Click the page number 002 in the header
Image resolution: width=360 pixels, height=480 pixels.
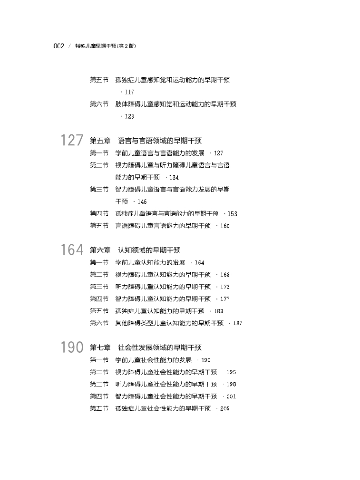(59, 46)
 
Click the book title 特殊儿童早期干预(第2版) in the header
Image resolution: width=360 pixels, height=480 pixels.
(106, 46)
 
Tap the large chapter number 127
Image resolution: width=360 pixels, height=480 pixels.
(72, 141)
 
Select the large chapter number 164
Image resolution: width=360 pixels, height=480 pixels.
(72, 251)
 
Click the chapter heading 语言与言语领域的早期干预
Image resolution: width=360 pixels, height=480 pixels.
(159, 141)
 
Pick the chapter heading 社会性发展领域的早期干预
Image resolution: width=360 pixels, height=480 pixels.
(159, 348)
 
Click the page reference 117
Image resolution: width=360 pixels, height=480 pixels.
(129, 92)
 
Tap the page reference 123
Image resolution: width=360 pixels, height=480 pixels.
(129, 117)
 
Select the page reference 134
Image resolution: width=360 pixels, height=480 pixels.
(174, 178)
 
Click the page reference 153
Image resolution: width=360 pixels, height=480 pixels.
(232, 214)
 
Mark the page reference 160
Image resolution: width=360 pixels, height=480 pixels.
(225, 226)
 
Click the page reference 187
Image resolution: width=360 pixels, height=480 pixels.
(238, 324)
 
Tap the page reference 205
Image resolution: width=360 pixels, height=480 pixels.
(225, 409)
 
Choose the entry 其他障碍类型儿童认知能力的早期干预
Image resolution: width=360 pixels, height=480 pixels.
(169, 324)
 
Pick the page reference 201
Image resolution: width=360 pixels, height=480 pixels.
(231, 396)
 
